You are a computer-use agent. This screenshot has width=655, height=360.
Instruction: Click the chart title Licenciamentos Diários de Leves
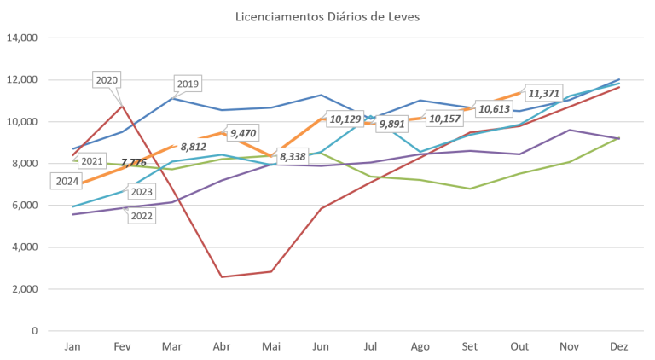pos(327,16)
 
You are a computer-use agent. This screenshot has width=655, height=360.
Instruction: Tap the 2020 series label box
pos(107,80)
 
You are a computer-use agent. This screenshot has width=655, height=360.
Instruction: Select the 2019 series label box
pos(187,84)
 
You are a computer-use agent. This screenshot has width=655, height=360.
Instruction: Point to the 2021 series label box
pos(91,160)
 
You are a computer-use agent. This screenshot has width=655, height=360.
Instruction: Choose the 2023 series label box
pos(141,192)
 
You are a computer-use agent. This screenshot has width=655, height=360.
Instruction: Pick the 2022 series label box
pos(141,216)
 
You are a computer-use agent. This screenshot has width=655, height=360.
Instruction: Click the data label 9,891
pos(391,125)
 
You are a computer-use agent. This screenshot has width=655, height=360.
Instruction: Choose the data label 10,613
pos(495,108)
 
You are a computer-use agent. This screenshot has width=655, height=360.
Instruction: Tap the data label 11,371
pos(545,92)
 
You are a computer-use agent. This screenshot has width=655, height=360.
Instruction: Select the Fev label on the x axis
pos(122,345)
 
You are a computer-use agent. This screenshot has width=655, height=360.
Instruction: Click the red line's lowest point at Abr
pos(223,276)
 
